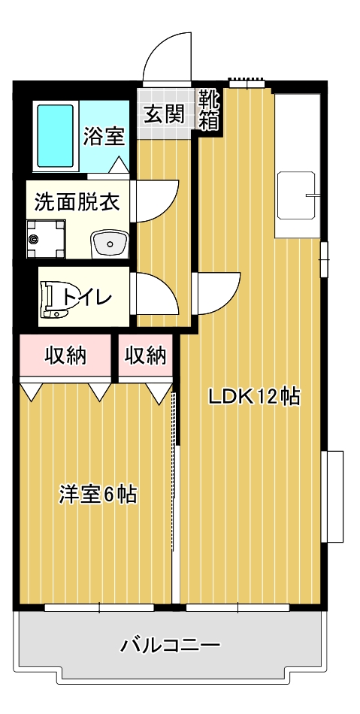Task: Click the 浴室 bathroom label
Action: point(104,136)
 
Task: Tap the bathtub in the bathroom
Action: point(56,136)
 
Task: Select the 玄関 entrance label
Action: point(165,113)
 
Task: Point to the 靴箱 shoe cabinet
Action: point(210,110)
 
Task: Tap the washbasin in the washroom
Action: point(110,244)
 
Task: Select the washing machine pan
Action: point(46,238)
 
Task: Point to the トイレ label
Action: point(88,298)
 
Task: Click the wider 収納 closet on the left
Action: point(65,355)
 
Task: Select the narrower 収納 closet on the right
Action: point(146,355)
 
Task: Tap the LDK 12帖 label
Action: point(255,397)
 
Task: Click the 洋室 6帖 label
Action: point(98,495)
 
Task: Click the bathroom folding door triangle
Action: point(119,165)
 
